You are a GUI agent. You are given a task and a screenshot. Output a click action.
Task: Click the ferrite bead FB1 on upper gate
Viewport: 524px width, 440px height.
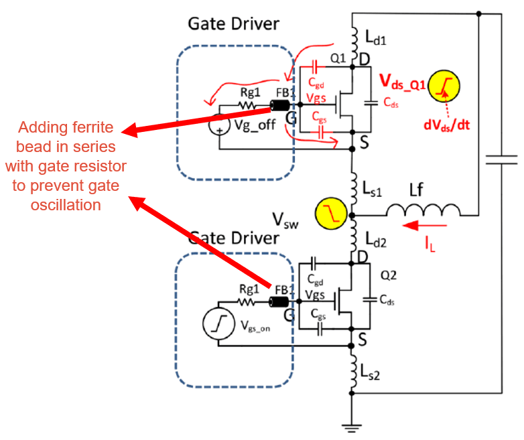(x=277, y=106)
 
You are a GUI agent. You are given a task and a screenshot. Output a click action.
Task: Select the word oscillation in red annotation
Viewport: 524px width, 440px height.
(x=66, y=205)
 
